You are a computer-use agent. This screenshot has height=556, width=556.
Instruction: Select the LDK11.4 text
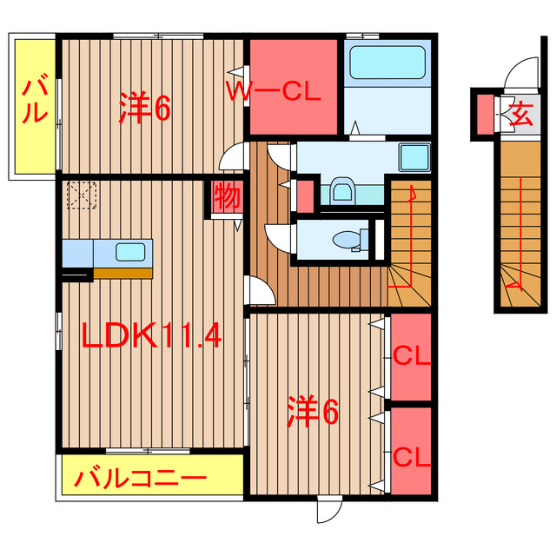[x=152, y=334]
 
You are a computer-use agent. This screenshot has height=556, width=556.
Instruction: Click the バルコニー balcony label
[x=140, y=478]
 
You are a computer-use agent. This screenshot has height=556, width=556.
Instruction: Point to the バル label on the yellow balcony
[x=34, y=100]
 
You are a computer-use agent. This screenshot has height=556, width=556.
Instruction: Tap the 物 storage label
[x=226, y=196]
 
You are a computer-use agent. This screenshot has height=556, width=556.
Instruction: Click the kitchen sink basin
[x=129, y=252]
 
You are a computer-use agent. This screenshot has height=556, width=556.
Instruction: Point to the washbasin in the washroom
[x=341, y=189]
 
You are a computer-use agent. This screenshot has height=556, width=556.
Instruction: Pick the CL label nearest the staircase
[x=410, y=356]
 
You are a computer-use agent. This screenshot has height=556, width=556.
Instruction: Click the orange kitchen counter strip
[x=122, y=272]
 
